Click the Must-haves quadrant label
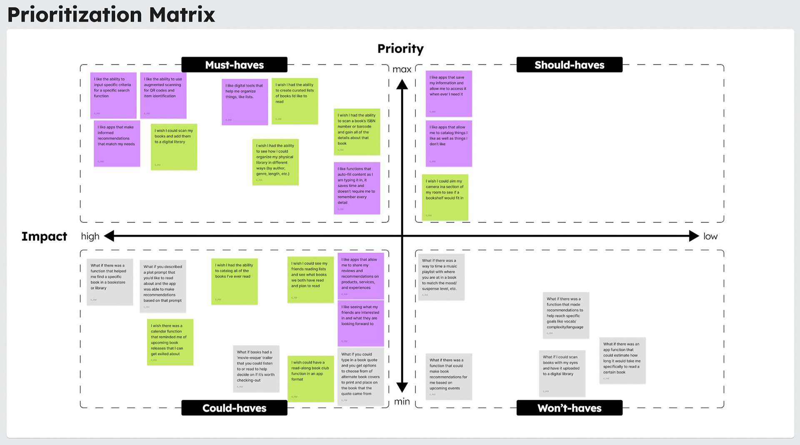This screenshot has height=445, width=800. (x=234, y=65)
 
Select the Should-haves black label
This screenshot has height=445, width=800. (x=569, y=65)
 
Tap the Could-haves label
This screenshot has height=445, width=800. (x=234, y=408)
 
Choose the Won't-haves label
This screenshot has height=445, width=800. (x=569, y=408)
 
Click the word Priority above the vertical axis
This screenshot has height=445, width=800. (x=400, y=49)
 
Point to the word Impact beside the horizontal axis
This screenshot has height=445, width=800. (x=44, y=236)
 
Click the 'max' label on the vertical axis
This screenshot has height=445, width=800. (x=402, y=70)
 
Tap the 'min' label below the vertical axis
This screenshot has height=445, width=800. (x=402, y=402)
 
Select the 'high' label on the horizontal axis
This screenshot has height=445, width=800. (x=90, y=236)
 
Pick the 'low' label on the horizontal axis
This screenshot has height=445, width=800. (x=710, y=236)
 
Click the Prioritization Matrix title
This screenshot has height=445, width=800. (x=111, y=15)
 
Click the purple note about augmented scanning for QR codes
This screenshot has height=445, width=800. (x=163, y=95)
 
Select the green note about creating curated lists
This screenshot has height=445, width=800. (x=295, y=101)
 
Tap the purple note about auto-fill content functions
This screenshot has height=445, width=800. (x=357, y=188)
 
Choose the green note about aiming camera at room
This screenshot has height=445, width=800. (x=445, y=197)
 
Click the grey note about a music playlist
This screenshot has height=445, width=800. (x=441, y=277)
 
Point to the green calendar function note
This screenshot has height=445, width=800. (x=170, y=342)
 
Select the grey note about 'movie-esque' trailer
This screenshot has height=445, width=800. (x=256, y=368)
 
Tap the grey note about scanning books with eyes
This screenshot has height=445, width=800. (x=562, y=373)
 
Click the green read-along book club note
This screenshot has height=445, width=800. (x=310, y=378)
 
